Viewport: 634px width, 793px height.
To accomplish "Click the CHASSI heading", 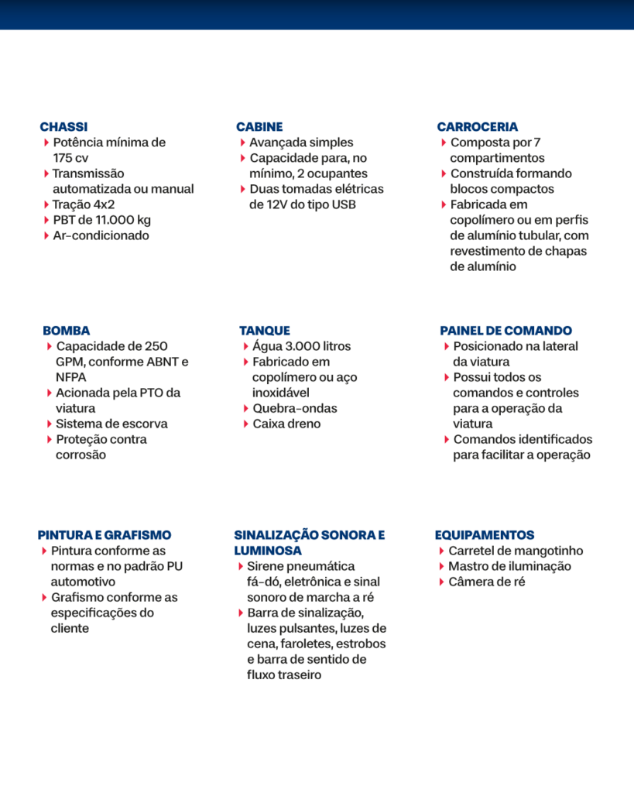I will [63, 127].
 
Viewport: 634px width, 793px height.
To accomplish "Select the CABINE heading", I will [259, 127].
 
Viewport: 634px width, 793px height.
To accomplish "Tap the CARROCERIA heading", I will [477, 127].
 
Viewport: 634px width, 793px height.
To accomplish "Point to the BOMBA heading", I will [66, 331].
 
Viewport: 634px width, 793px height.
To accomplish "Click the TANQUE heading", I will [265, 331].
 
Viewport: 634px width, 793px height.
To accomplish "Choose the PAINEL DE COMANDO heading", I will [505, 331].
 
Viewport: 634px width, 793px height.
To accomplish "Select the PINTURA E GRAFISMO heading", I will [105, 535].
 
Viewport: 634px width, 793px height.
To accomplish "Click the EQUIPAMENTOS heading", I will [484, 535].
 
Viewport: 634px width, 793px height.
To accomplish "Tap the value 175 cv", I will [70, 158].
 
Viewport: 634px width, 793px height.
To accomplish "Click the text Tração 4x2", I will [84, 204].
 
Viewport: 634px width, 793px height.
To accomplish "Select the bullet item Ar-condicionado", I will [101, 235].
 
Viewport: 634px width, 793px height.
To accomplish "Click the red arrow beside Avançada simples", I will [243, 142].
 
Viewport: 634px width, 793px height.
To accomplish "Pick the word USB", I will [344, 204].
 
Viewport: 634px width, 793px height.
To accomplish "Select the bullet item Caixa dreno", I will [286, 424].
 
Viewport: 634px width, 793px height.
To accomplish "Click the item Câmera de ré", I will [486, 582].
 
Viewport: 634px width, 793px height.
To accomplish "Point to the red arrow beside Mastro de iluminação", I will [441, 566].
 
